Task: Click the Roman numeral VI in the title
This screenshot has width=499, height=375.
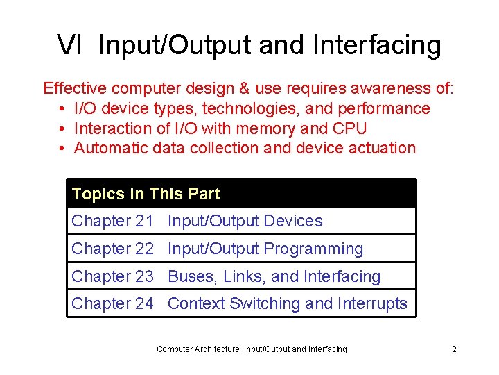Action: tap(70, 45)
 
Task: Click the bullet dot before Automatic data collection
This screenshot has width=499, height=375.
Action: tap(62, 149)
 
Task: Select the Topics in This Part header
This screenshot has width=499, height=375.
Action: tap(146, 194)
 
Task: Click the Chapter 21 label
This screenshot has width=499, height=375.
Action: tap(112, 222)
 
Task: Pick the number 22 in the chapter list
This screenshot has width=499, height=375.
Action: tap(144, 249)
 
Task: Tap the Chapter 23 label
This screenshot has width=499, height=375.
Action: tap(112, 276)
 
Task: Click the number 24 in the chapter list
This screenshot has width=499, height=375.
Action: tap(144, 303)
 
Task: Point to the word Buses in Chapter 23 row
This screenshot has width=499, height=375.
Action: tap(192, 276)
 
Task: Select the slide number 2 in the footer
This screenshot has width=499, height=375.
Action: tap(454, 349)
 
